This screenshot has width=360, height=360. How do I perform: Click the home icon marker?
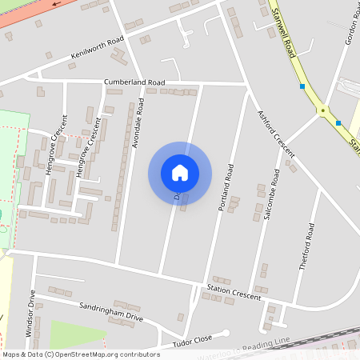(180, 173)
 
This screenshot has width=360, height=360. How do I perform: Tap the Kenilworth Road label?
(98, 48)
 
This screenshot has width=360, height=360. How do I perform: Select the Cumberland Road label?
(134, 82)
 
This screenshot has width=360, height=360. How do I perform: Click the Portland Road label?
(226, 187)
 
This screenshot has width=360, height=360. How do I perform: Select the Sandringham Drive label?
(112, 311)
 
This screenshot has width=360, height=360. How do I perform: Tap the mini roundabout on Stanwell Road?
(323, 110)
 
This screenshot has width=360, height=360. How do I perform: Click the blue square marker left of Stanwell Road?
(302, 86)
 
